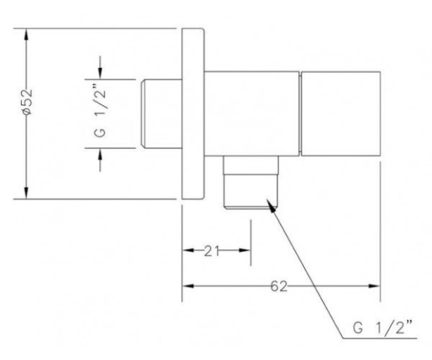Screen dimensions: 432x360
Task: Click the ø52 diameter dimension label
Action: tap(28, 102)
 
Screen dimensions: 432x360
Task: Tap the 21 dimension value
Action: tap(212, 251)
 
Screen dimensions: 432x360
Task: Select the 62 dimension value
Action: tap(279, 286)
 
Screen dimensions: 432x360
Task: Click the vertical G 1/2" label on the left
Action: tap(100, 113)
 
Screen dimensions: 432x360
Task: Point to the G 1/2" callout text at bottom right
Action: tap(383, 328)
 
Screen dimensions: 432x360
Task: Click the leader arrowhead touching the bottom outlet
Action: tap(271, 206)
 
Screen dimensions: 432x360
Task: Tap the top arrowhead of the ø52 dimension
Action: tap(26, 35)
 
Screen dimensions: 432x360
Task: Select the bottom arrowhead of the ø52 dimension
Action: tap(26, 192)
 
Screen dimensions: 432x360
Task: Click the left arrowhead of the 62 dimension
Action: tap(188, 286)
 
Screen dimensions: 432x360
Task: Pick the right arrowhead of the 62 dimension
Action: tap(375, 286)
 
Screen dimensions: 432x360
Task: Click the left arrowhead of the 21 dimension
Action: tap(188, 250)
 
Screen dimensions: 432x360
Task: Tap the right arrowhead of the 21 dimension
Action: tap(244, 250)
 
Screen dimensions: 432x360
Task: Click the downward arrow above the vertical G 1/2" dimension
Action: tap(100, 68)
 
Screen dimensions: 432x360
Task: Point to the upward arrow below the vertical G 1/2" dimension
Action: tap(100, 160)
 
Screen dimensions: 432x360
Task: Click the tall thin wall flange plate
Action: tap(193, 113)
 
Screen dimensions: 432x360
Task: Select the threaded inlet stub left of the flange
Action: tap(162, 113)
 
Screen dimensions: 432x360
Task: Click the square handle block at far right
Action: tap(341, 113)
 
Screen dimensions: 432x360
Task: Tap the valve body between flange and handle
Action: tap(252, 113)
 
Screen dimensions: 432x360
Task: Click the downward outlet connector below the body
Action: tap(251, 182)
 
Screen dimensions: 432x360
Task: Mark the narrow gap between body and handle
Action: tap(300, 113)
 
